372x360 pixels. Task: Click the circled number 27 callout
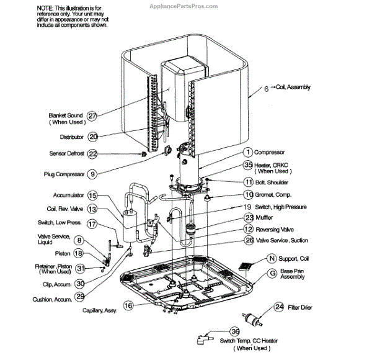92,116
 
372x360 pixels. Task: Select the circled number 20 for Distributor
93,137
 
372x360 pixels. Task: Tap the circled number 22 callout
92,153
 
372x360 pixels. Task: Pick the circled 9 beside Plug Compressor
92,174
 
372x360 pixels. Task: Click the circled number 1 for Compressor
247,151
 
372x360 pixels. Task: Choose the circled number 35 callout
248,164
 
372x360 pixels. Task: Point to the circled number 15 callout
92,195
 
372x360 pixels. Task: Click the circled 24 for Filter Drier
279,307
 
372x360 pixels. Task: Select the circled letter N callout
272,258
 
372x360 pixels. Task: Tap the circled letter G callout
272,272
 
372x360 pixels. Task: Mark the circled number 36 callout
235,332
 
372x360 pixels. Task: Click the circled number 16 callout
128,305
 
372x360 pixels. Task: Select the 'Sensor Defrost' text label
66,154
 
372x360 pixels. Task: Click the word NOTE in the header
45,6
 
